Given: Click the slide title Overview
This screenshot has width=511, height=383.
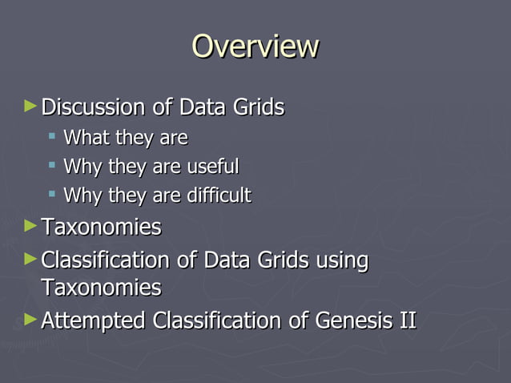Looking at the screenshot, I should (255, 46).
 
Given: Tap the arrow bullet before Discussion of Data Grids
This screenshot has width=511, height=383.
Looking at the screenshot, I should (30, 105).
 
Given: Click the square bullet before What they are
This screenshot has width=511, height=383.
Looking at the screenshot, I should (52, 137).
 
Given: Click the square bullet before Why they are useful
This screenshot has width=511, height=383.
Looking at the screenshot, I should (52, 166).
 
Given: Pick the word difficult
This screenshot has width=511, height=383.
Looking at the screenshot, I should (220, 195).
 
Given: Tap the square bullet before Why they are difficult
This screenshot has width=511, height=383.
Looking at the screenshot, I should (52, 194).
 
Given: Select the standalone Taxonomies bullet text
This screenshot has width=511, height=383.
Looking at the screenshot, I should (101, 228).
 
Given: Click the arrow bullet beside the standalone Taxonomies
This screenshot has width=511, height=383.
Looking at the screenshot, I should (30, 227).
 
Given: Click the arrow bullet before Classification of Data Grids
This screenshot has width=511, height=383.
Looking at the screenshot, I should (30, 259).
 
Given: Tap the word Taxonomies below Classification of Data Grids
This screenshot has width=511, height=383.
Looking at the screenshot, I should (101, 288).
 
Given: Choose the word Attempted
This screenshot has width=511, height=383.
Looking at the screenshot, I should (93, 321).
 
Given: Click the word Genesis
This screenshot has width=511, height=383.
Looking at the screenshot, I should (352, 321).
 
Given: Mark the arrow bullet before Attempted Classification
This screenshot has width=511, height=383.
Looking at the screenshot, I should (30, 320).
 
